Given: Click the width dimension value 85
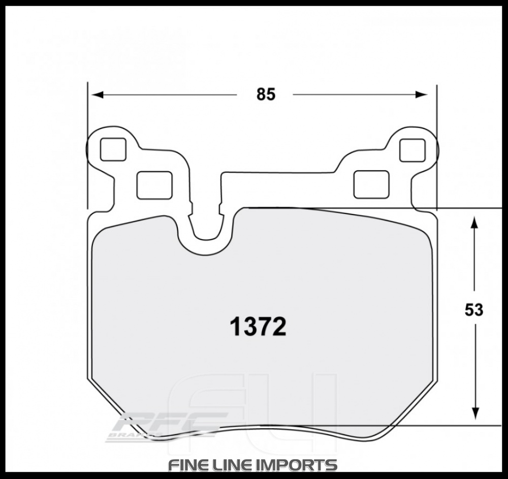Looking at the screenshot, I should [265, 94].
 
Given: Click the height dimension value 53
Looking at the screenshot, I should [473, 310].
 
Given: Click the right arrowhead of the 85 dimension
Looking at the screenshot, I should [422, 94].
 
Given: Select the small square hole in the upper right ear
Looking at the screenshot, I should [412, 150].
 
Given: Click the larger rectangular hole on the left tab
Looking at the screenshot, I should [154, 184].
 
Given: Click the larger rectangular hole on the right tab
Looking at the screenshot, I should [371, 184].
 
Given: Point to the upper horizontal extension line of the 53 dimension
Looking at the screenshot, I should [467, 208].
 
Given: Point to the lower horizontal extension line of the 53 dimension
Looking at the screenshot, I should [467, 424].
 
